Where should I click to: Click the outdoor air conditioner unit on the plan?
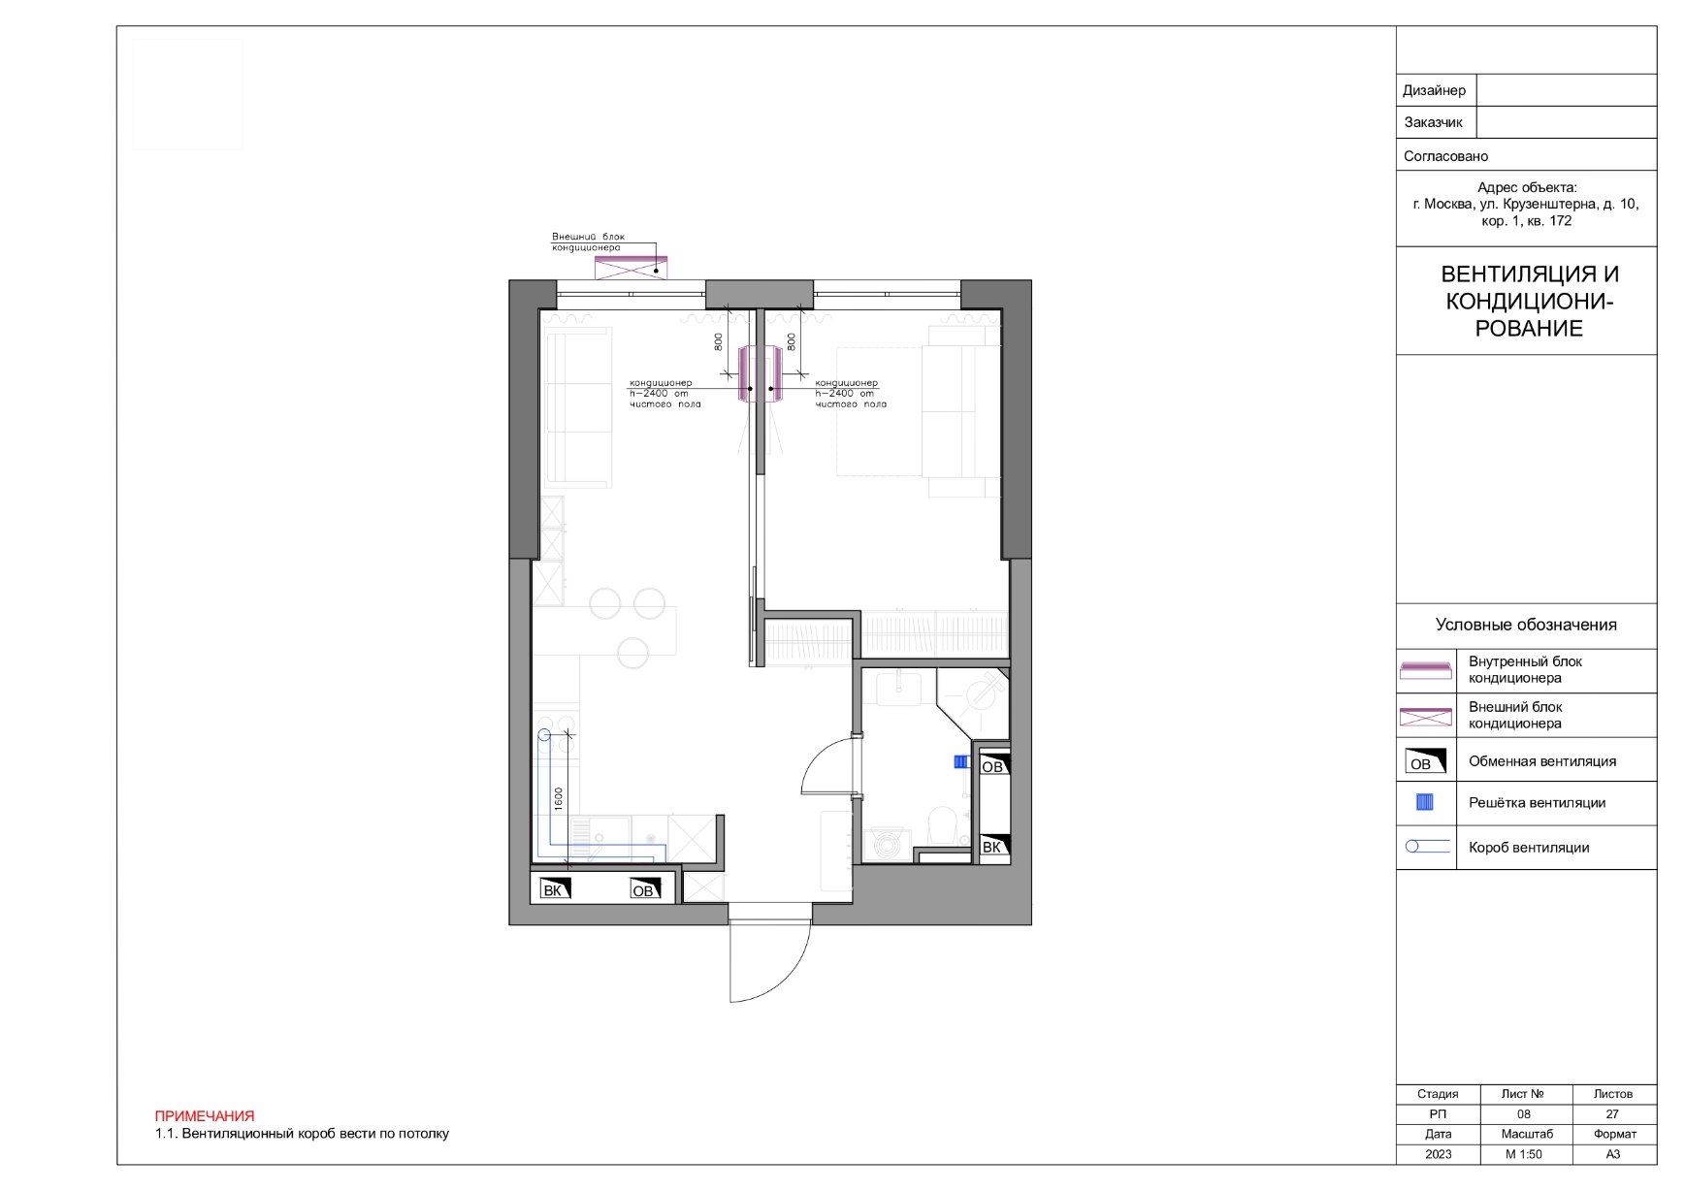(x=631, y=267)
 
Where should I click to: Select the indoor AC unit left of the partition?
(x=747, y=374)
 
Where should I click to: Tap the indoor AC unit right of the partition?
(x=774, y=374)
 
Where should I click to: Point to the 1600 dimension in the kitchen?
(x=559, y=798)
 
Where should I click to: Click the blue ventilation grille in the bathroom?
(x=960, y=762)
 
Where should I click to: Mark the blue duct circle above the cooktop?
(x=544, y=735)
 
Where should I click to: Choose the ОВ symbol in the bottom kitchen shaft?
(x=645, y=888)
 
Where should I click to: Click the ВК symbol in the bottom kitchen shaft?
(x=555, y=888)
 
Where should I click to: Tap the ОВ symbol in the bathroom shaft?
(x=993, y=764)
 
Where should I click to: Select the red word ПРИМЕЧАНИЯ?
(x=205, y=1116)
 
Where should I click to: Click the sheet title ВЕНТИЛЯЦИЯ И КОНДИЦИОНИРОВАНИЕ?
(x=1529, y=302)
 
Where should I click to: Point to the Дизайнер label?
(x=1434, y=90)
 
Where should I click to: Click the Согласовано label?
(x=1445, y=156)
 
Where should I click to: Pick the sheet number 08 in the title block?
(x=1524, y=1114)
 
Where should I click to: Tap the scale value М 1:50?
(x=1524, y=1154)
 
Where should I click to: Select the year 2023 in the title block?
(x=1439, y=1154)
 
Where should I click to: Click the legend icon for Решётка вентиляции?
(x=1425, y=802)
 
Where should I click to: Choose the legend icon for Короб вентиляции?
(x=1428, y=847)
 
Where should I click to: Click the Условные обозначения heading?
(x=1526, y=625)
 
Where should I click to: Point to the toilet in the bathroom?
(x=941, y=825)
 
